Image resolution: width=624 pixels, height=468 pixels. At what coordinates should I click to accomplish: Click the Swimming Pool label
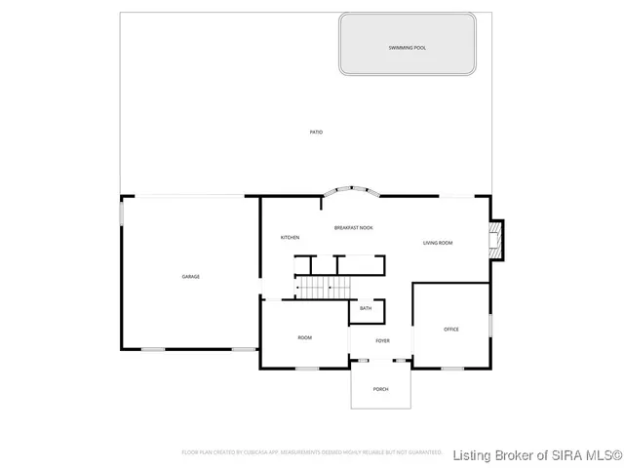coord(408,48)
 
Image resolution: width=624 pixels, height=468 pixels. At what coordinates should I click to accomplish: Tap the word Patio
coord(316,132)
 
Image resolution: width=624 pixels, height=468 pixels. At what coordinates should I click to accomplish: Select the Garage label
coord(191,277)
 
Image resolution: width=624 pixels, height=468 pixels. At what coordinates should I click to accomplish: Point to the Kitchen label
coord(291,238)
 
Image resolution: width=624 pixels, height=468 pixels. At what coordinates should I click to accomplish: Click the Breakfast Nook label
coord(353,227)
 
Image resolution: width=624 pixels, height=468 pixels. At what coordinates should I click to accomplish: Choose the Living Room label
coord(438,243)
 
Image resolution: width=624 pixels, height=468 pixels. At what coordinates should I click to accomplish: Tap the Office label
coord(451,330)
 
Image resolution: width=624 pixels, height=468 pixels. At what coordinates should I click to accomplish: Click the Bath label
coord(366,309)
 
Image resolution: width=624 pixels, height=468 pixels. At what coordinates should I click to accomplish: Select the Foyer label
coord(382,340)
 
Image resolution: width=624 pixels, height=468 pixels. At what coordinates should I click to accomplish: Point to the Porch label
coord(381,389)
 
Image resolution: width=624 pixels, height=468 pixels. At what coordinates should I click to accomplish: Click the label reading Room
coord(305,337)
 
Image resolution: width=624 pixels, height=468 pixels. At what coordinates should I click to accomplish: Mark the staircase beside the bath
coord(324,287)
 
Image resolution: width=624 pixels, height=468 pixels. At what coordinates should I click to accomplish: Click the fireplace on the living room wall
coord(498,241)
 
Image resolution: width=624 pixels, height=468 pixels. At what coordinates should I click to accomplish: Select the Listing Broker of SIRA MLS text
coord(538,453)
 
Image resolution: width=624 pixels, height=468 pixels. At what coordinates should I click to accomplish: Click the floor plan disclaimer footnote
coord(312,452)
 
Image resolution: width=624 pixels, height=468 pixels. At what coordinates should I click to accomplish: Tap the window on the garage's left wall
coord(121,214)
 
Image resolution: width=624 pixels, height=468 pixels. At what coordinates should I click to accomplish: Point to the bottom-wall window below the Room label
coord(307,368)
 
